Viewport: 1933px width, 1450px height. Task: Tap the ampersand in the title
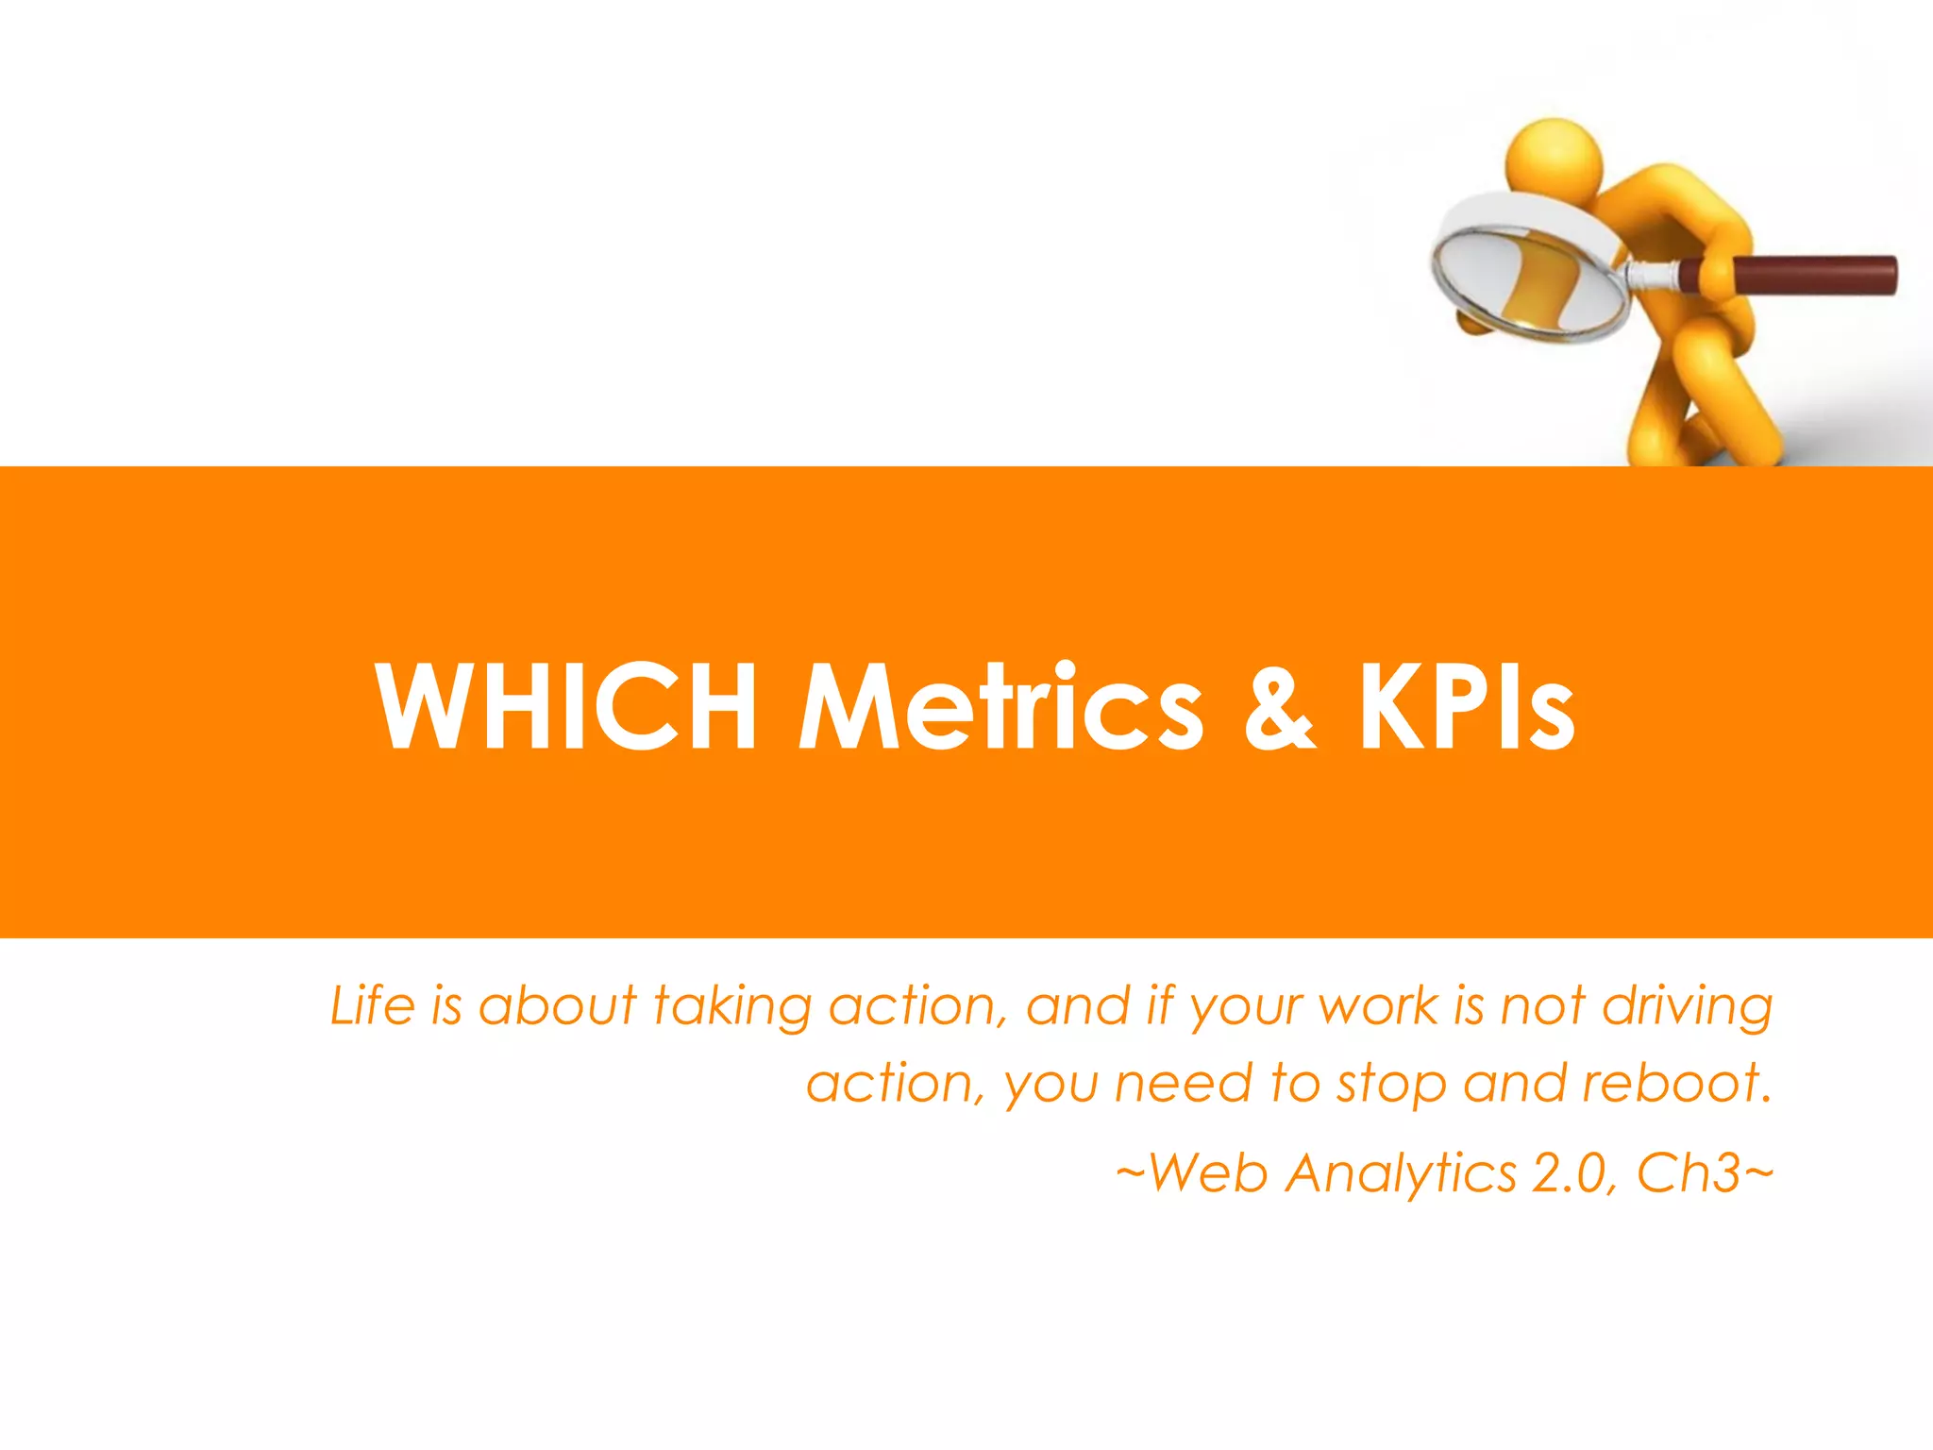(x=1279, y=708)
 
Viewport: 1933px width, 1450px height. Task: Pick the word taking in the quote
(x=731, y=1006)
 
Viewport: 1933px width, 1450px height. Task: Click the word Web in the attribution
(x=1207, y=1172)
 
